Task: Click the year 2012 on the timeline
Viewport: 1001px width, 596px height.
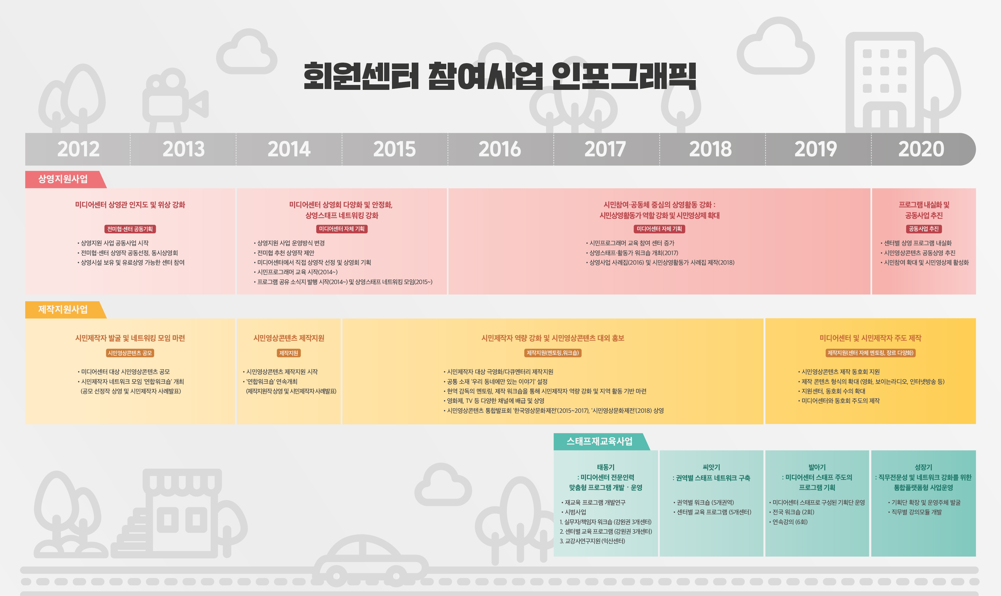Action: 78,149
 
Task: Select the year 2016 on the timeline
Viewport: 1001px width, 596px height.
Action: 500,149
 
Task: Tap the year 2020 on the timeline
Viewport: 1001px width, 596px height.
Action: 921,149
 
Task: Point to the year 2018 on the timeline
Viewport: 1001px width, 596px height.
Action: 711,149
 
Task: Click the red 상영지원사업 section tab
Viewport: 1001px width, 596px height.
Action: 63,179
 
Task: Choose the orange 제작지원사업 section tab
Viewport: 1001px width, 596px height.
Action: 63,310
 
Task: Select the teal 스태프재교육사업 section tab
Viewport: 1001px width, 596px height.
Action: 599,441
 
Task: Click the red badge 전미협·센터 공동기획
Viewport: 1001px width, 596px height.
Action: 130,229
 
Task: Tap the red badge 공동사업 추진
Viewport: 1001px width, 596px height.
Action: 924,229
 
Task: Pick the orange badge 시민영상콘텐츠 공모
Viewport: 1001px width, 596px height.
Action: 130,353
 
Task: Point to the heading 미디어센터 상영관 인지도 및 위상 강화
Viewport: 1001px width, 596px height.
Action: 130,205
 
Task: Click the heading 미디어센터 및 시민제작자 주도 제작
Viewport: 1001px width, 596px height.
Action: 870,338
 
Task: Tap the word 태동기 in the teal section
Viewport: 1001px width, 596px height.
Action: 606,467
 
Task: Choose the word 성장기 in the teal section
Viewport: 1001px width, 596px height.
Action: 924,467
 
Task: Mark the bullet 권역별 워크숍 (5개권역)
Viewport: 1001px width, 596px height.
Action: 704,502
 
